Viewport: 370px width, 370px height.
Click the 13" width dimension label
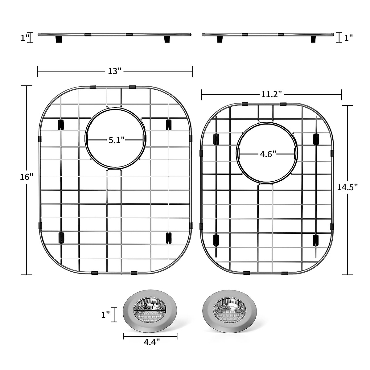tap(115, 72)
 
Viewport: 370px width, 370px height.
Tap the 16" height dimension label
tap(26, 177)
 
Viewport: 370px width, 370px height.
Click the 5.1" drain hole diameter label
tap(116, 140)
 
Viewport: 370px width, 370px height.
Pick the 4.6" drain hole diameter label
tap(267, 154)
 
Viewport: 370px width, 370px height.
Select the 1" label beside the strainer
tap(106, 315)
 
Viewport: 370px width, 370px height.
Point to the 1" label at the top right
tap(348, 38)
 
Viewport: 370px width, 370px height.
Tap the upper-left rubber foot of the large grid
tap(60, 125)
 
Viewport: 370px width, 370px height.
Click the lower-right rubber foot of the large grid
tap(169, 238)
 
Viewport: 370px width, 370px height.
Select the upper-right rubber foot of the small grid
tap(316, 139)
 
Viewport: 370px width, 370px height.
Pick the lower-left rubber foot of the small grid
tap(216, 240)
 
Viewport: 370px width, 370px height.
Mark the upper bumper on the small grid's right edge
tap(332, 153)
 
